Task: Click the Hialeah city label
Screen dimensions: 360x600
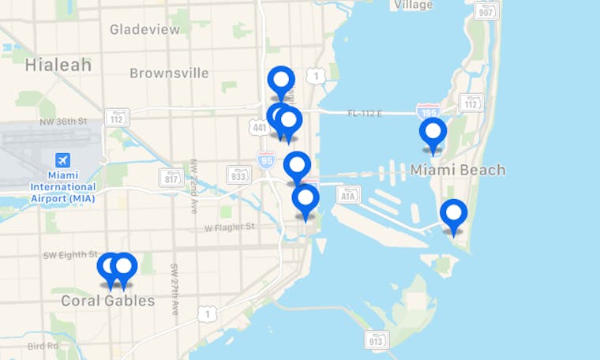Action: [x=58, y=65]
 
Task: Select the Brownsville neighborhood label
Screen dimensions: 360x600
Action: [x=169, y=73]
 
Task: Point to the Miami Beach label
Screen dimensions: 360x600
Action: [x=458, y=170]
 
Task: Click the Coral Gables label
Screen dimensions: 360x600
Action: [x=107, y=301]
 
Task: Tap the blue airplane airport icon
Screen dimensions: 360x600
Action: [x=62, y=159]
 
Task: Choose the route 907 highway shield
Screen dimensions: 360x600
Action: [x=486, y=11]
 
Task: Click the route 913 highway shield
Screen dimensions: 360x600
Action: [x=377, y=339]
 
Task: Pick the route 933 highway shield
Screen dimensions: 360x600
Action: [x=238, y=174]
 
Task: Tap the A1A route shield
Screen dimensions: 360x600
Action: [x=348, y=193]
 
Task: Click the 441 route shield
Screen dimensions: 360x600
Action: [x=258, y=126]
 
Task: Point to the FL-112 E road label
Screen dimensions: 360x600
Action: [x=365, y=114]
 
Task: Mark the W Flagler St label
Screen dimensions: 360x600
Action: [x=230, y=227]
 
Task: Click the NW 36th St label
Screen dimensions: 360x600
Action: [x=62, y=122]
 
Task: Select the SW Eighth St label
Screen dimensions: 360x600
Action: [x=70, y=255]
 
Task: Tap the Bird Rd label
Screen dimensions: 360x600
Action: [x=43, y=346]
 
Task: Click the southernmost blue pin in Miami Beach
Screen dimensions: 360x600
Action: [x=453, y=215]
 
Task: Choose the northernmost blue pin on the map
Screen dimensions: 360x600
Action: [x=281, y=81]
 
